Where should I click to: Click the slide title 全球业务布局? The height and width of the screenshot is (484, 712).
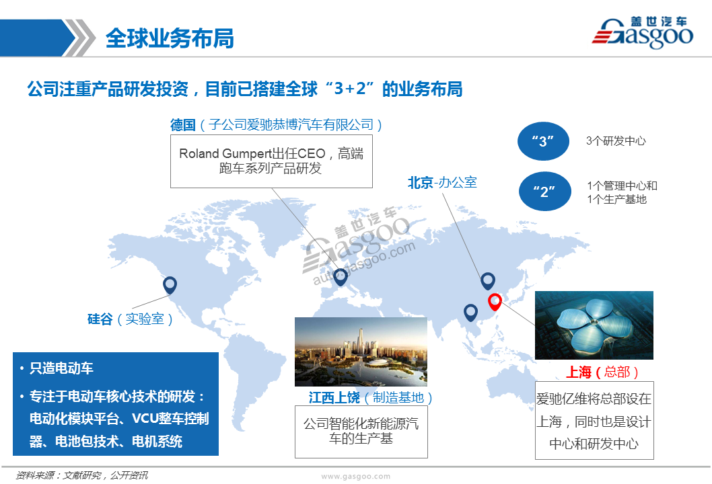(x=170, y=38)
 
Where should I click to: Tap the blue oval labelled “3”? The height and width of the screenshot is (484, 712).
(x=543, y=141)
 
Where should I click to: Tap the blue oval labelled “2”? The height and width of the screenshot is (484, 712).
(x=544, y=191)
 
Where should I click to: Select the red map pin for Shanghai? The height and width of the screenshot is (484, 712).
(x=495, y=302)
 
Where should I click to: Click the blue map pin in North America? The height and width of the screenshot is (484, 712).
(x=170, y=285)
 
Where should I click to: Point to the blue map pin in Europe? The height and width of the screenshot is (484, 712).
(x=340, y=277)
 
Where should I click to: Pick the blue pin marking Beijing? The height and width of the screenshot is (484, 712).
(x=488, y=281)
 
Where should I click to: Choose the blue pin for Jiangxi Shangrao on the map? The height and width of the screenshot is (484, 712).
(x=470, y=313)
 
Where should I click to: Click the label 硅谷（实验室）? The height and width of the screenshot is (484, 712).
(x=131, y=319)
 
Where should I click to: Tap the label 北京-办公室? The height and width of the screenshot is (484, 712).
(x=442, y=183)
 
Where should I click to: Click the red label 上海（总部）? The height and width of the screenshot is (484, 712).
(x=602, y=372)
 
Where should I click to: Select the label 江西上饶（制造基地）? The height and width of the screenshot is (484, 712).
(x=371, y=398)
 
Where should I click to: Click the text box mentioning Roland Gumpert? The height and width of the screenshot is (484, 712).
(x=271, y=161)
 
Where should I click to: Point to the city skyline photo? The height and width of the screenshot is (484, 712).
(x=361, y=352)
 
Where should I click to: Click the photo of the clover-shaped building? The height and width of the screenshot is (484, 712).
(x=594, y=325)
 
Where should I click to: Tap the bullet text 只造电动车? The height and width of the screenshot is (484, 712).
(x=61, y=368)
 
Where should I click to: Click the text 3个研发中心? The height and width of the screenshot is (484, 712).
(x=616, y=141)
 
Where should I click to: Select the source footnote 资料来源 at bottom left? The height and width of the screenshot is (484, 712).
(x=81, y=475)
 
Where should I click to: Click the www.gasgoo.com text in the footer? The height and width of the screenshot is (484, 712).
(x=355, y=477)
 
